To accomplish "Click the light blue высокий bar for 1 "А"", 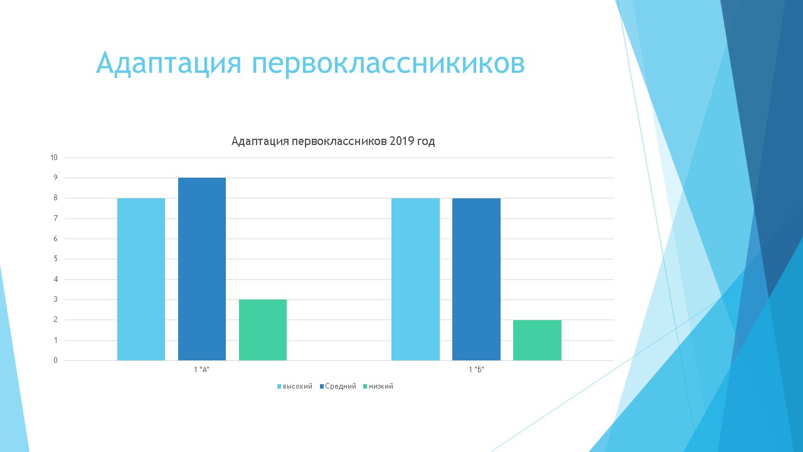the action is pos(141,279).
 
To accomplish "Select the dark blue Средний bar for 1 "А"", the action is pos(202,269).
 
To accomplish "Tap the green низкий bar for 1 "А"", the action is pos(263,330).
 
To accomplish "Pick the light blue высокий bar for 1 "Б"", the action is pos(415,279).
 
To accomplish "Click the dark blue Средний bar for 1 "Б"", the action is pos(476,279).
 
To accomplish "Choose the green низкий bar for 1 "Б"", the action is pos(538,340).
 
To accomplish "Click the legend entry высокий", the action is pos(295,386).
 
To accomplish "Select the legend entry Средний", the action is pos(338,386).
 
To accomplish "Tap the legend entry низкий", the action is pos(378,386).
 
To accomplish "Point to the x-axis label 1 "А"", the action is pos(201,370).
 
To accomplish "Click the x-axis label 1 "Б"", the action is pos(476,370).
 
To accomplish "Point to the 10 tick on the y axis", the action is pos(54,158).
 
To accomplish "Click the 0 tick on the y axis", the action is pos(56,360).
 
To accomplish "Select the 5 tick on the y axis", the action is pos(56,259).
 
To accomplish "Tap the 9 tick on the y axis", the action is pos(56,178).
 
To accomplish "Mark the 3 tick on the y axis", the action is pos(56,299).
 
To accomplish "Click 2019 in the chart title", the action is pos(402,141).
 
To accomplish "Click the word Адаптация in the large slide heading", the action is pos(169,63).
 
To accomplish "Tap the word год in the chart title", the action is pos(426,142).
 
